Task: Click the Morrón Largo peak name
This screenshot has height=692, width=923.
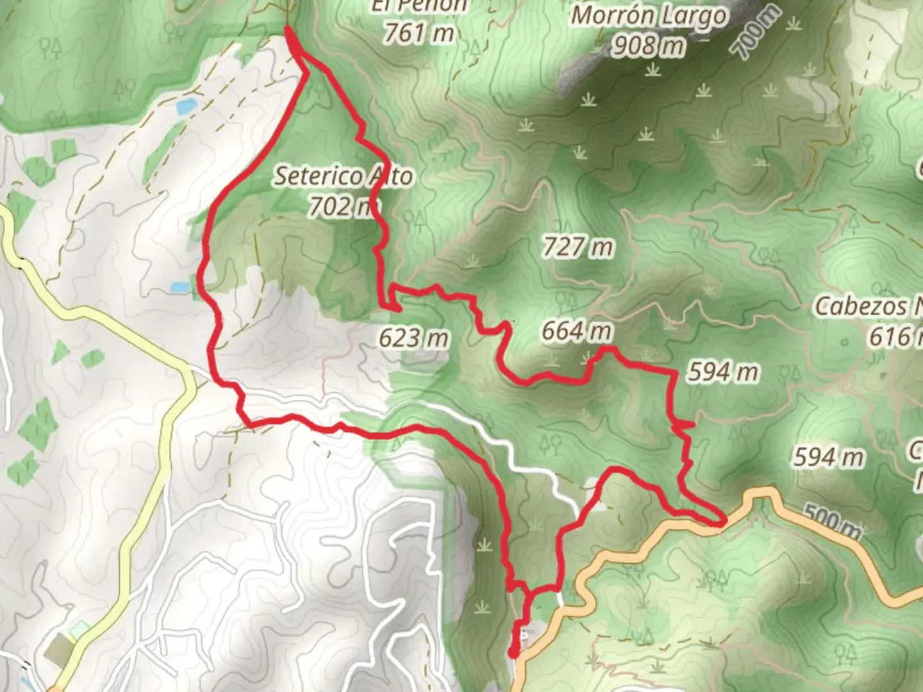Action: [649, 16]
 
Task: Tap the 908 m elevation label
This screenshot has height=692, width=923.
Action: [648, 45]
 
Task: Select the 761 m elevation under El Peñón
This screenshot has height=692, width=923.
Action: [419, 33]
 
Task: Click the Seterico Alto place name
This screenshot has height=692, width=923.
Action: [344, 176]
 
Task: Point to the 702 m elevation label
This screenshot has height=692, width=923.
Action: [340, 206]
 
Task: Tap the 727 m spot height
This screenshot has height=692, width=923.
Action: [578, 247]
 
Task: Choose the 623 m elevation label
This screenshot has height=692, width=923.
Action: [413, 338]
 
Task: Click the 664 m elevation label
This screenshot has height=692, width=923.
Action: [576, 331]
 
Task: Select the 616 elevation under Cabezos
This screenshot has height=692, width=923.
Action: [895, 336]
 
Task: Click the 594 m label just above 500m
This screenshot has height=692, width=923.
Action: [828, 457]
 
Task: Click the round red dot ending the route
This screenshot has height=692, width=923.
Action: [513, 653]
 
